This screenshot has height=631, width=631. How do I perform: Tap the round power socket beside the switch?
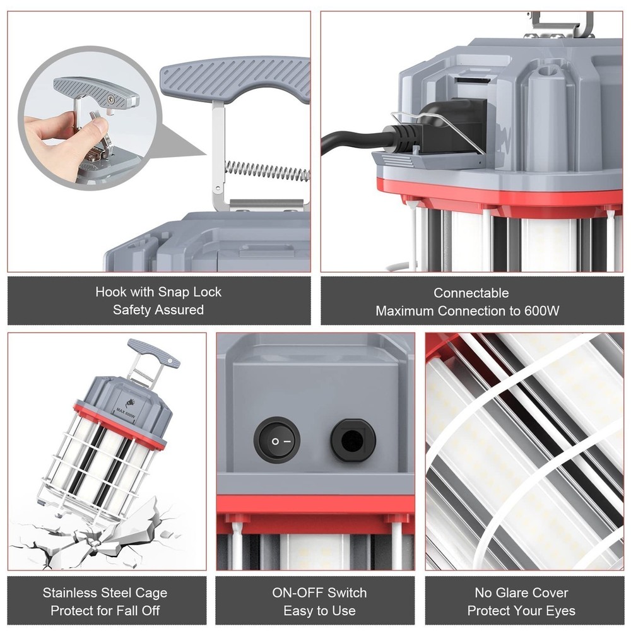click(353, 440)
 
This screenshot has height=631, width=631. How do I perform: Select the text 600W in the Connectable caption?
click(542, 310)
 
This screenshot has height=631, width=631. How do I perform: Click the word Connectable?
click(471, 293)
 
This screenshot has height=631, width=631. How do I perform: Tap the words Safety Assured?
click(158, 310)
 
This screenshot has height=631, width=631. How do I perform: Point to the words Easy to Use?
click(319, 611)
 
